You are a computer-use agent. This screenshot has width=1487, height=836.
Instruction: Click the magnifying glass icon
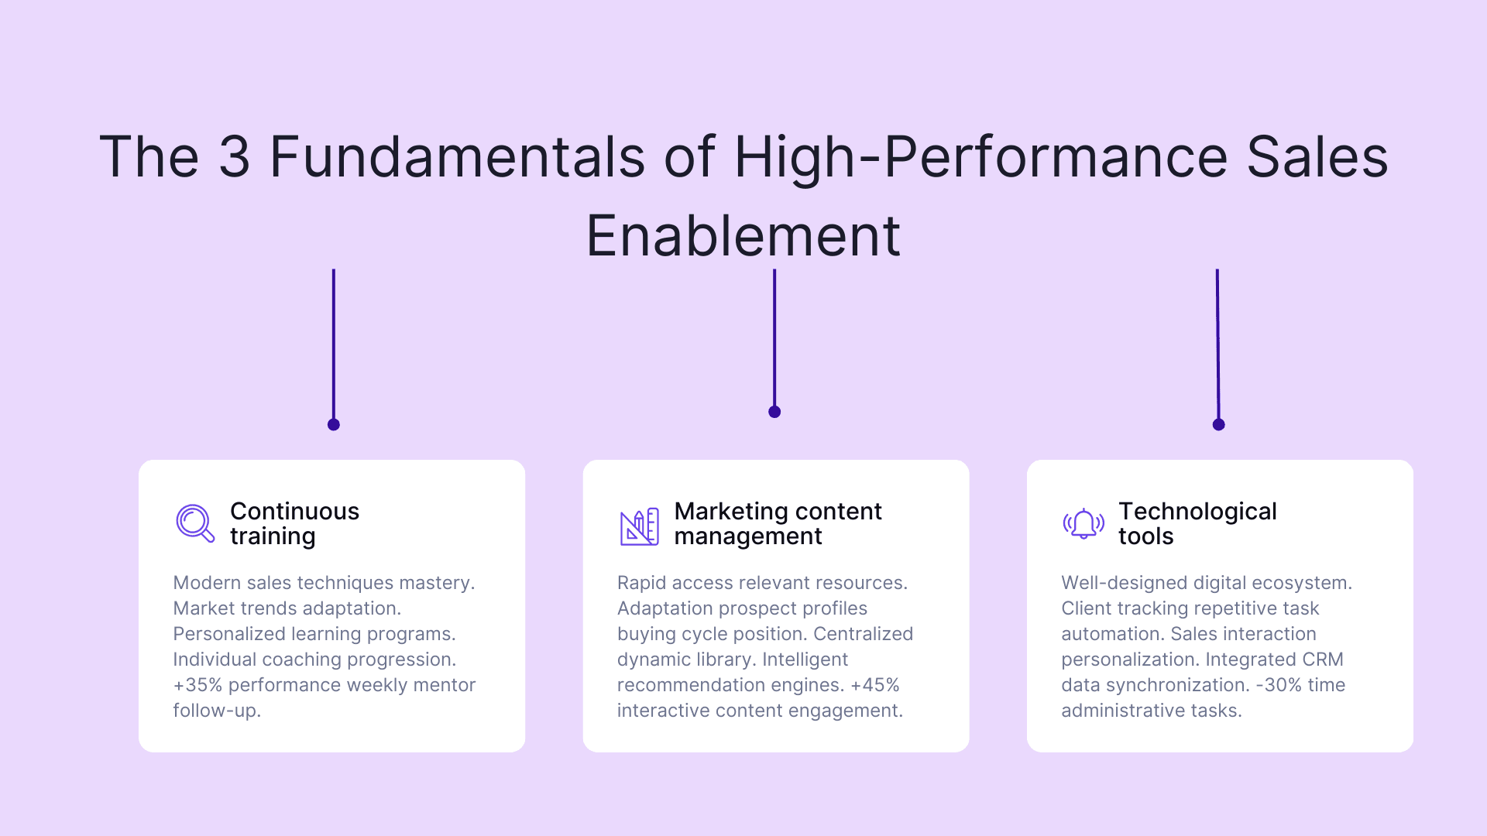194,523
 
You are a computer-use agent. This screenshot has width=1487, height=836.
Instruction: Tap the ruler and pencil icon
639,526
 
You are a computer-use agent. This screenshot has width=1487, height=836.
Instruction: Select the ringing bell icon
1083,524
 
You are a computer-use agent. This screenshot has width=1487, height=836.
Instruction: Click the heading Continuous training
294,523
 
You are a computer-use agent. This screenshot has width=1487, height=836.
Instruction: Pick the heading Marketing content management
778,523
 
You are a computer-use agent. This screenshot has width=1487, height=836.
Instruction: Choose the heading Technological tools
1197,523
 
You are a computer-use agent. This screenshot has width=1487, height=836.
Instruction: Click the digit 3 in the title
234,157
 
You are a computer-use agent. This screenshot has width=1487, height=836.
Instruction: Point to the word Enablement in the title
743,236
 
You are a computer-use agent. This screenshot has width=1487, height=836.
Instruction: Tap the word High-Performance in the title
980,157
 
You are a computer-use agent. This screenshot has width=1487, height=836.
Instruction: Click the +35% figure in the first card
197,685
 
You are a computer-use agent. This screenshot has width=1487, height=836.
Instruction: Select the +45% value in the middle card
874,685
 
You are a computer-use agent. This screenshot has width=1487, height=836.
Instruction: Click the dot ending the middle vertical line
774,412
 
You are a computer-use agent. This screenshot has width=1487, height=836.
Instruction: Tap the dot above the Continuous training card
334,424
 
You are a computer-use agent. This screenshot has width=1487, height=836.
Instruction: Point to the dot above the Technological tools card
1218,424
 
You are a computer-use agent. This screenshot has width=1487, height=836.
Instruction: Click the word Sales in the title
1317,157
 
